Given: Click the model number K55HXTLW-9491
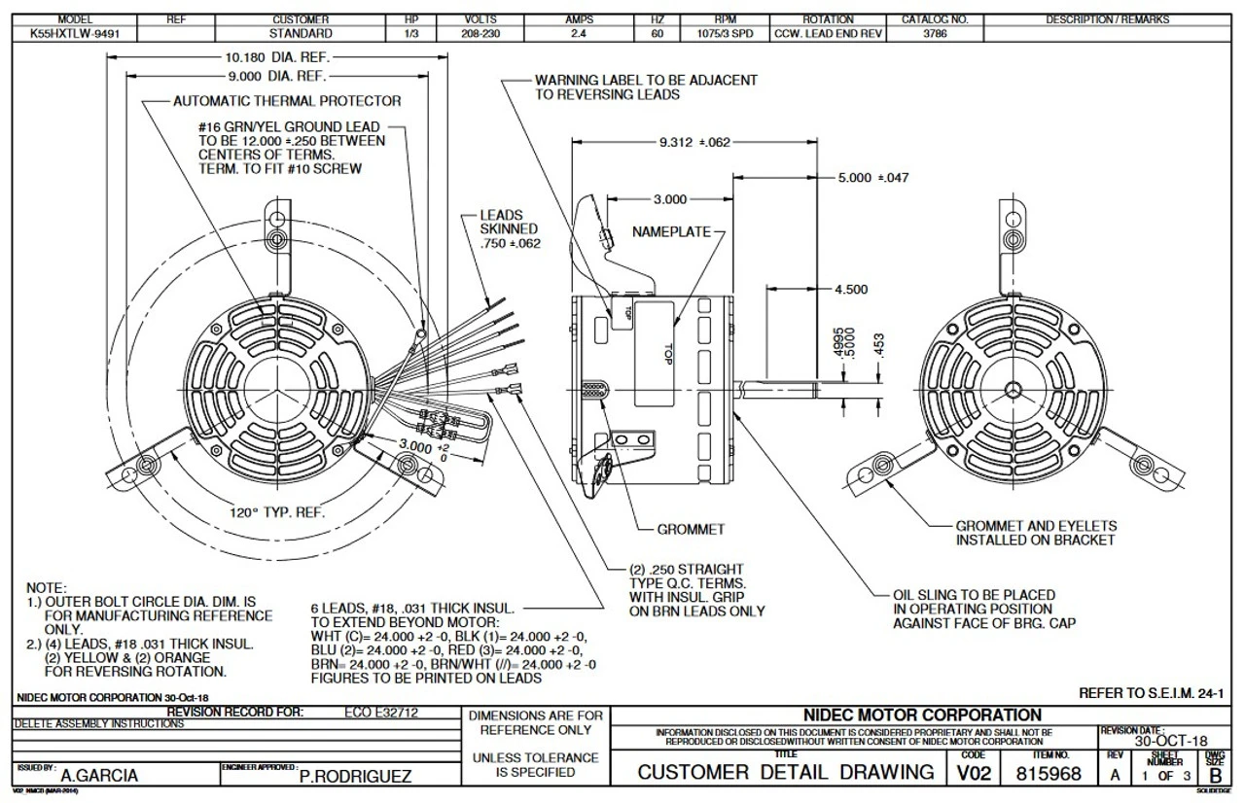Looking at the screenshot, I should coord(76,33).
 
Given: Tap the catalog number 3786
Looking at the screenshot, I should coord(935,33).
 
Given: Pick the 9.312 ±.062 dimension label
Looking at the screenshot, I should coord(694,142).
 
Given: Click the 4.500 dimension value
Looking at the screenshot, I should coord(850,289).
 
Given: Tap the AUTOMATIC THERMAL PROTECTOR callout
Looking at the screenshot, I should coord(286,100).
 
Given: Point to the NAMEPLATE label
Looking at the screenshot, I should coord(671,232).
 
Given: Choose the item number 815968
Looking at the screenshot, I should coord(1049,773).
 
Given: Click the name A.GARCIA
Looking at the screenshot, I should coord(99,776).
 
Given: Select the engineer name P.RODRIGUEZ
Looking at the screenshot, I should coord(355,776).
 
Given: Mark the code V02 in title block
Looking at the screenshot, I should coord(973,773).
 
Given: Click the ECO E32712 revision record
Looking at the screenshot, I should coord(381,713).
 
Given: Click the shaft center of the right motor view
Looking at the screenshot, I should coord(1014,389).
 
